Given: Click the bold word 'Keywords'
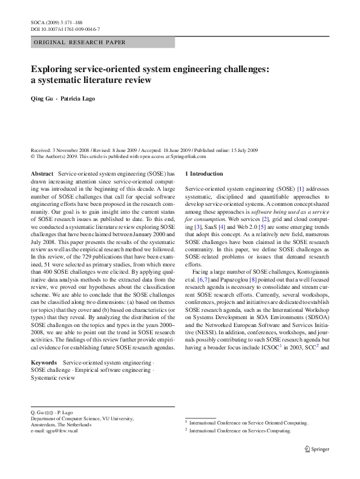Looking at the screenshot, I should tap(44, 362).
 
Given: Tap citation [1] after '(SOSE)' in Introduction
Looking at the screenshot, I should tap(300, 190).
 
